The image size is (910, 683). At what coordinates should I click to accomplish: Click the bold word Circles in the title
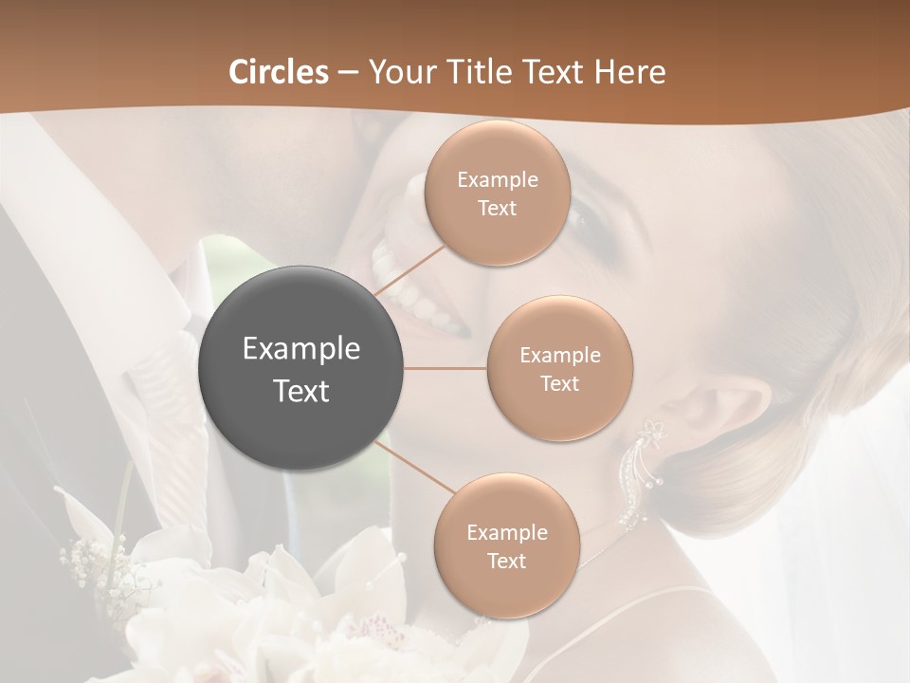(278, 72)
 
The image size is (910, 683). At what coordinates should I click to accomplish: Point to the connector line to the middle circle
(446, 368)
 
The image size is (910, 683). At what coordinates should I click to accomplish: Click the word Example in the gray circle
(301, 349)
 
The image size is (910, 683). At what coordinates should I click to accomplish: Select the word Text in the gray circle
(301, 391)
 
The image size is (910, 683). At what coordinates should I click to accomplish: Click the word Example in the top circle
(498, 179)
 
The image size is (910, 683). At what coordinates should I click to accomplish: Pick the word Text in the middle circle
(560, 383)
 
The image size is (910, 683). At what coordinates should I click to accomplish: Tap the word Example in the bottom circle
(507, 532)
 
